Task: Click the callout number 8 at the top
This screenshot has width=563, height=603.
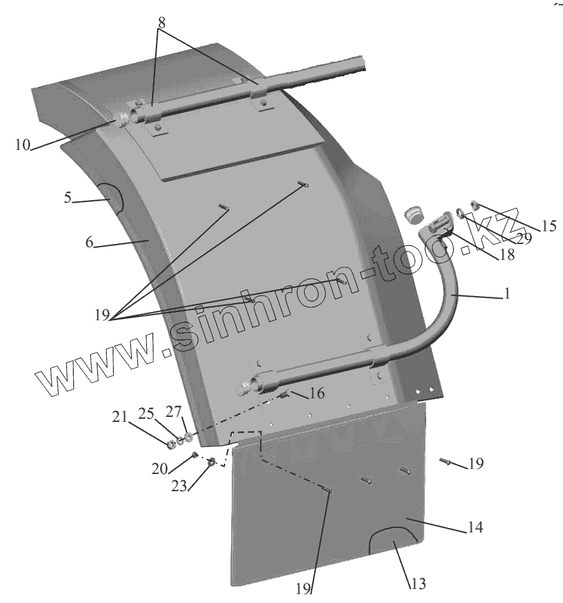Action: coord(162,21)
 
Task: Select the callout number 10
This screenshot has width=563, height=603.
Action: coord(22,145)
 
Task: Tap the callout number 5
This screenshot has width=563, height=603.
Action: coord(67,198)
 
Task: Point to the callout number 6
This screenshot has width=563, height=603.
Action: coord(89,242)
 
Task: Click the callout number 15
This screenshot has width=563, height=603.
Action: coord(548,225)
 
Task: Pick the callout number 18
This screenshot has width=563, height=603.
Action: coord(506,254)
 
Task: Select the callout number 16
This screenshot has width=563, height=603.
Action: coord(317,394)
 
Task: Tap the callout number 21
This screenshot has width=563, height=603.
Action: coord(120,417)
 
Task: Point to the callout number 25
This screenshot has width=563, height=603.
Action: coord(146,414)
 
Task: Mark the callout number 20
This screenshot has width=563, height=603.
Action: coord(160,470)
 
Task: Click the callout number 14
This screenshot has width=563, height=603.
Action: coord(475,527)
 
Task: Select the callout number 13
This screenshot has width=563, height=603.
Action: coord(419,584)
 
